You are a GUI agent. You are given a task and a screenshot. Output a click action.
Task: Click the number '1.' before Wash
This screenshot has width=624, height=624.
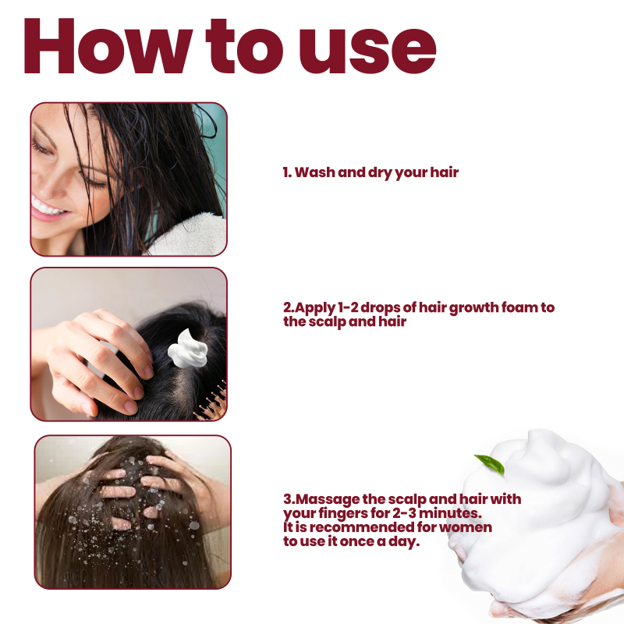click(x=287, y=172)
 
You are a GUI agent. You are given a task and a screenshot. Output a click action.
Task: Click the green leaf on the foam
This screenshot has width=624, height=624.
click(x=490, y=464)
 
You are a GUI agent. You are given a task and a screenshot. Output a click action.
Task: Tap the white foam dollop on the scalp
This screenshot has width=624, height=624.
click(x=188, y=349)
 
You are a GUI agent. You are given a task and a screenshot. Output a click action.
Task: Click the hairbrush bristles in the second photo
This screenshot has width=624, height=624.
click(x=212, y=402)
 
